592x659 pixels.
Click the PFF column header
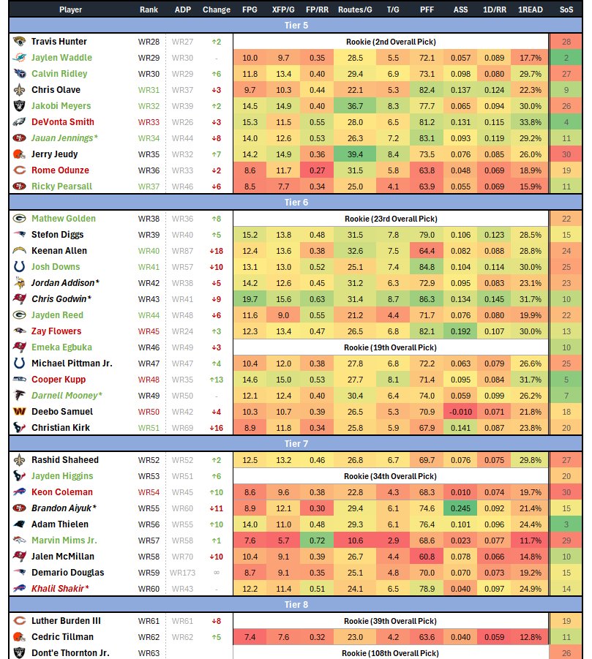(426, 10)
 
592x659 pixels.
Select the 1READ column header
(529, 10)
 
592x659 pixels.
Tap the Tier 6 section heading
(296, 203)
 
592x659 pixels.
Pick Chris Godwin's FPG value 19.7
(250, 299)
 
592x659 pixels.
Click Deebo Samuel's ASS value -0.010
(461, 412)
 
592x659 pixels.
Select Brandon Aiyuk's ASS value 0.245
(461, 508)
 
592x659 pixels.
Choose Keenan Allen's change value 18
(216, 251)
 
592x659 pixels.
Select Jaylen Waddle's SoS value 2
(566, 58)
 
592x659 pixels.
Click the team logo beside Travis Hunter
(20, 42)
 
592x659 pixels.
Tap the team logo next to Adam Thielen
(20, 524)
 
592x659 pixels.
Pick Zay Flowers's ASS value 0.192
(461, 331)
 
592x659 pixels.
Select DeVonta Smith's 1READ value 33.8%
(529, 122)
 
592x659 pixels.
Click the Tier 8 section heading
(296, 605)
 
